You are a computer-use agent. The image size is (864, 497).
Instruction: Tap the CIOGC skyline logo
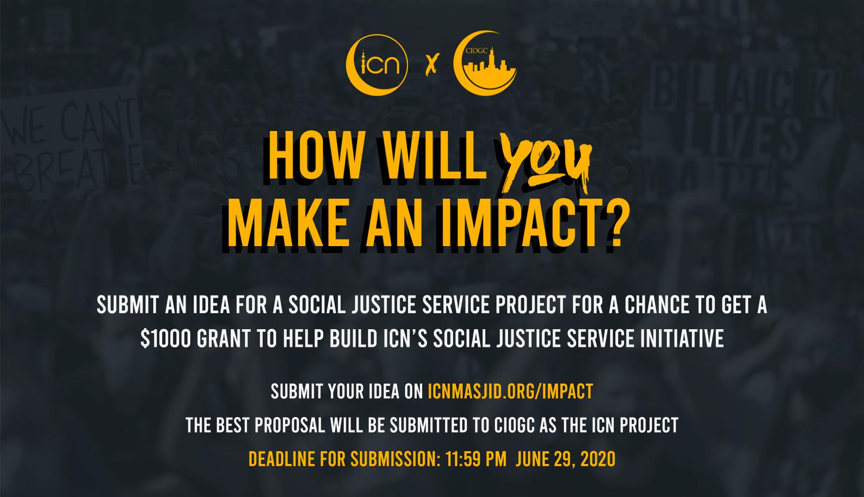click(x=485, y=64)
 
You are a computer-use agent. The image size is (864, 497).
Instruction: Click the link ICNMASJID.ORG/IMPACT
click(x=510, y=391)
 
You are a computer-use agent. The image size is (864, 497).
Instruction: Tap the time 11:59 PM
click(x=476, y=459)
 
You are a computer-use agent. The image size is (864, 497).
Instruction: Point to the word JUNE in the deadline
click(x=531, y=459)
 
